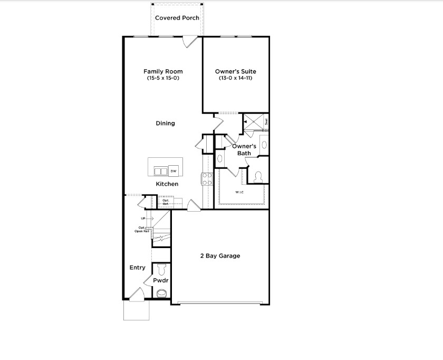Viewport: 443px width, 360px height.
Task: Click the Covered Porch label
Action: point(177,18)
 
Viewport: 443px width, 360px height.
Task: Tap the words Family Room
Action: point(163,71)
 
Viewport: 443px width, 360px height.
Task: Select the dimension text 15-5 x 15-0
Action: point(163,78)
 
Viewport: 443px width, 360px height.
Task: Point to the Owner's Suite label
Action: point(236,71)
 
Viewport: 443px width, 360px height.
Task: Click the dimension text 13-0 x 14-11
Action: point(236,78)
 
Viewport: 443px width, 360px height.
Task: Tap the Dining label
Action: point(165,124)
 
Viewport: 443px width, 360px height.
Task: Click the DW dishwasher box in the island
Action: point(174,170)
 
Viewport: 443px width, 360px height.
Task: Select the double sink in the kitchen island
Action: point(160,171)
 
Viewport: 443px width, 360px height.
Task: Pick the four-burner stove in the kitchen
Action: point(206,178)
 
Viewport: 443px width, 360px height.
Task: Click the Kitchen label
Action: point(167,184)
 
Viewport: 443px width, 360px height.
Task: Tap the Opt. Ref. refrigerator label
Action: point(166,202)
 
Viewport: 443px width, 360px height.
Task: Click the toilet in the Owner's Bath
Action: point(258,177)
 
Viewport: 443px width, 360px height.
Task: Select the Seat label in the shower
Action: point(266,121)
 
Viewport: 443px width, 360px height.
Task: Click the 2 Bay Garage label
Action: point(219,256)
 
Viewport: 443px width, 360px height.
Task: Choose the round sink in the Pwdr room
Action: point(161,293)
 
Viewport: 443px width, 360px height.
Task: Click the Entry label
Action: point(137,268)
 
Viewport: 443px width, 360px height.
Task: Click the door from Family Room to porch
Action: point(190,42)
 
